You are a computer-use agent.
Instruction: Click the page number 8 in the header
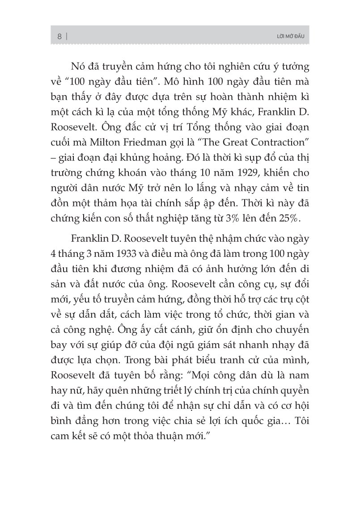pyautogui.click(x=60, y=36)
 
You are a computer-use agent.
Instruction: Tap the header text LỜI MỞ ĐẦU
pyautogui.click(x=291, y=36)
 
